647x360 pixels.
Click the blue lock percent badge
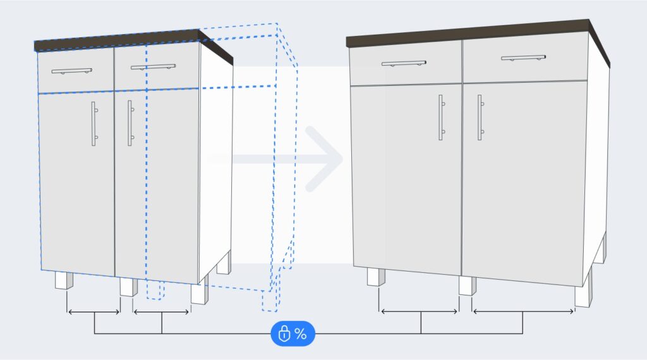[x=292, y=333]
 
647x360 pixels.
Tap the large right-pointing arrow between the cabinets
[x=316, y=159]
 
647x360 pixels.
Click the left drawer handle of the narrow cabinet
[x=71, y=71]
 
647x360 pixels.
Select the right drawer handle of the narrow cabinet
[x=154, y=66]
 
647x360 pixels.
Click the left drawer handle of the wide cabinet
[x=404, y=63]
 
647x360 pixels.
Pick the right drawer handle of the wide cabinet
[x=523, y=57]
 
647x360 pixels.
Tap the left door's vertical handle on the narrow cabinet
[x=93, y=124]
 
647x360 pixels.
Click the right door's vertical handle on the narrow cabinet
[x=130, y=123]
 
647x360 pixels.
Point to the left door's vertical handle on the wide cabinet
[x=440, y=117]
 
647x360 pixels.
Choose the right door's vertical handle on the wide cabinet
[x=480, y=117]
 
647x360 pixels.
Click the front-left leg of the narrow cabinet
[x=64, y=280]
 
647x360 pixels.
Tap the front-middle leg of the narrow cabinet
[x=128, y=287]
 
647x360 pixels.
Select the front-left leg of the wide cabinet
[x=377, y=277]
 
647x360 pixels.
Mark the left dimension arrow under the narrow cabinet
[x=94, y=312]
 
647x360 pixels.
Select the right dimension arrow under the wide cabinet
[x=523, y=311]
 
